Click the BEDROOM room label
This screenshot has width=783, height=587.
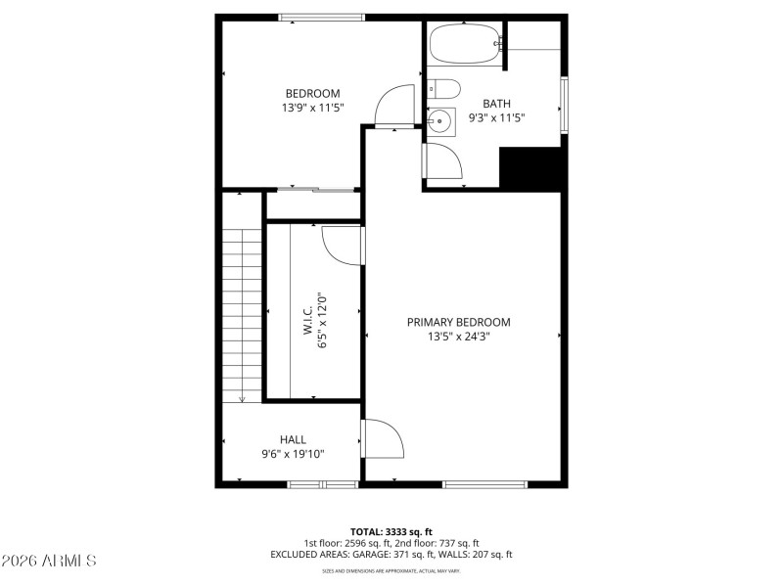(x=313, y=94)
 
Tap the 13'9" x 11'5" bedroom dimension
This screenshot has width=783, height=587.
(x=313, y=109)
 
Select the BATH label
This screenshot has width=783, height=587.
(x=497, y=103)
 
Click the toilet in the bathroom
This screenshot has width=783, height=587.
(x=443, y=90)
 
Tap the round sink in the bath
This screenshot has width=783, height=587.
(x=441, y=122)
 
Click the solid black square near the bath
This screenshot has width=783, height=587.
(x=531, y=169)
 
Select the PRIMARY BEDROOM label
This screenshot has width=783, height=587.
(x=459, y=322)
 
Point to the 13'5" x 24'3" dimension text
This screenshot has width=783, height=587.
(x=459, y=337)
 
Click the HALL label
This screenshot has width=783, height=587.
(x=294, y=439)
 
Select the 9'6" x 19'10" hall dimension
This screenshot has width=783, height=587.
(x=294, y=454)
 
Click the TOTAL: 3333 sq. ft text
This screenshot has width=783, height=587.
(x=391, y=531)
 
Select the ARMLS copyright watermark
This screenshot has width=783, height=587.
(x=49, y=562)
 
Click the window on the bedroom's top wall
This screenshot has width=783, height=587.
(x=321, y=17)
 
